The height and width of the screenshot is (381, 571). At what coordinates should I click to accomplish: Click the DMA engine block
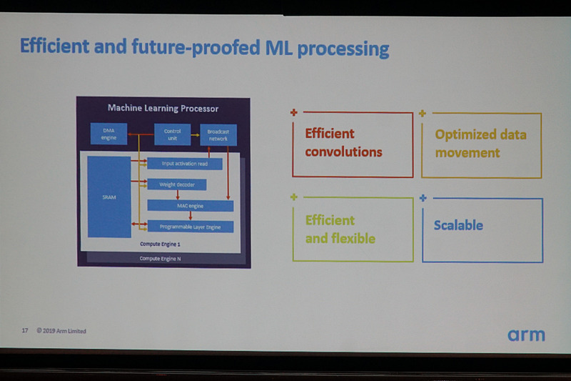coord(108,134)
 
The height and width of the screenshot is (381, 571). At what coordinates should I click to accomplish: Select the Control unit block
coord(172,134)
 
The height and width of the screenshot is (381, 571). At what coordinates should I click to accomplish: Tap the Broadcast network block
coord(218,134)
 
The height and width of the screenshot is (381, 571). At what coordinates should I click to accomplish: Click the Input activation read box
coord(184,164)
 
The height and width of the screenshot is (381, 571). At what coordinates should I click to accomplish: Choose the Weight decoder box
coord(176,184)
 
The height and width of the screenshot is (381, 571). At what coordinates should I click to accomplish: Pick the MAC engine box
coord(190,205)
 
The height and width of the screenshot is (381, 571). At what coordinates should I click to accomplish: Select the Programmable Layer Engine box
coord(189,226)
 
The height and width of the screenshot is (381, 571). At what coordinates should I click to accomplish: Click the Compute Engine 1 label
coord(161,244)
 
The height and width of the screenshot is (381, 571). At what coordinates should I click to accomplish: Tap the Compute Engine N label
coord(161,258)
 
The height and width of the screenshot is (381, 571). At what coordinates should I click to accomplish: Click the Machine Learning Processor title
coord(163,109)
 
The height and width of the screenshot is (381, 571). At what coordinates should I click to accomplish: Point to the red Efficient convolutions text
coord(343,143)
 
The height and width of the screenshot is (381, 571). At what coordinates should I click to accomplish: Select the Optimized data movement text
coord(480,144)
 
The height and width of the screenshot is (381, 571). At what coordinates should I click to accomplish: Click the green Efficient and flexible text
coord(340,229)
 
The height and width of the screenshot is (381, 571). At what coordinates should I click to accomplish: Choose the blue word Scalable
coord(458,225)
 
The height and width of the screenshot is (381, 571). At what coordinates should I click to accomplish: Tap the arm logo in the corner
coord(526,335)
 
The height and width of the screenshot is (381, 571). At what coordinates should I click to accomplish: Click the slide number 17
coord(24,331)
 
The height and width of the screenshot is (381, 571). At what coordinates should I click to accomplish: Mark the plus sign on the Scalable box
coord(423,197)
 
